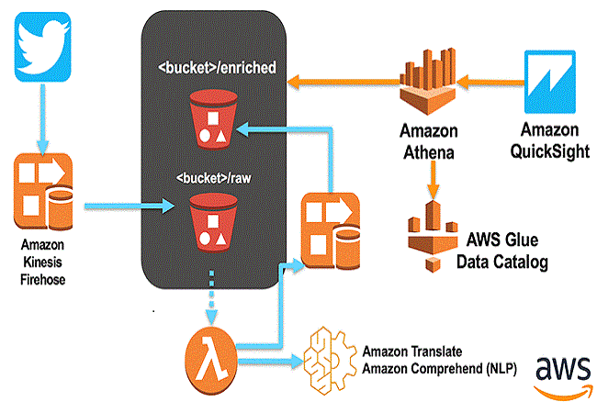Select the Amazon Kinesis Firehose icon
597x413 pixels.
[41, 195]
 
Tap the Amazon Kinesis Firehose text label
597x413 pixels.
[41, 259]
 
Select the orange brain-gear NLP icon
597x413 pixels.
[329, 353]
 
